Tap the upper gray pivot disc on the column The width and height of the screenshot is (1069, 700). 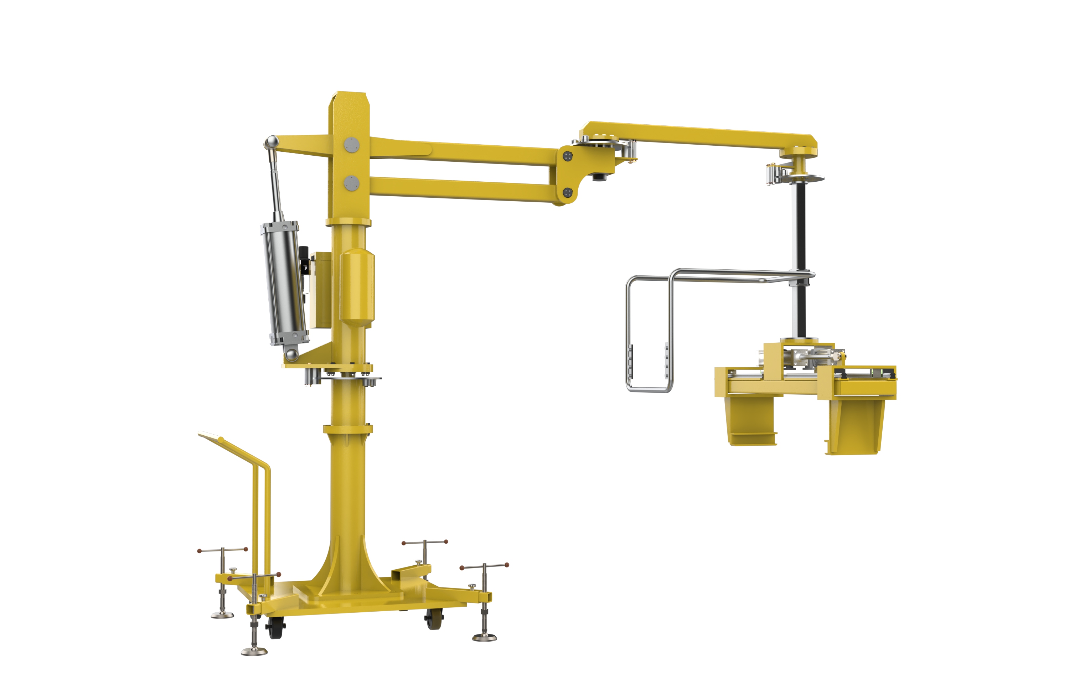(352, 145)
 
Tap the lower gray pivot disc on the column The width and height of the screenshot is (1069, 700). (352, 183)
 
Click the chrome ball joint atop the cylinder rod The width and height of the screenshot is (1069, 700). (271, 142)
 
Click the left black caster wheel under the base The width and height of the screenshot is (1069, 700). (275, 627)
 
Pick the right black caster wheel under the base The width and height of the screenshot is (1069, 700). (434, 619)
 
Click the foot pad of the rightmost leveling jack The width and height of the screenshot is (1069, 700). (485, 636)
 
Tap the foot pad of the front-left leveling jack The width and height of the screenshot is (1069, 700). (254, 650)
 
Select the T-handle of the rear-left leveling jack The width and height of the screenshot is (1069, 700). (223, 550)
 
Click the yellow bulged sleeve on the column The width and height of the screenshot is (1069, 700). (357, 287)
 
